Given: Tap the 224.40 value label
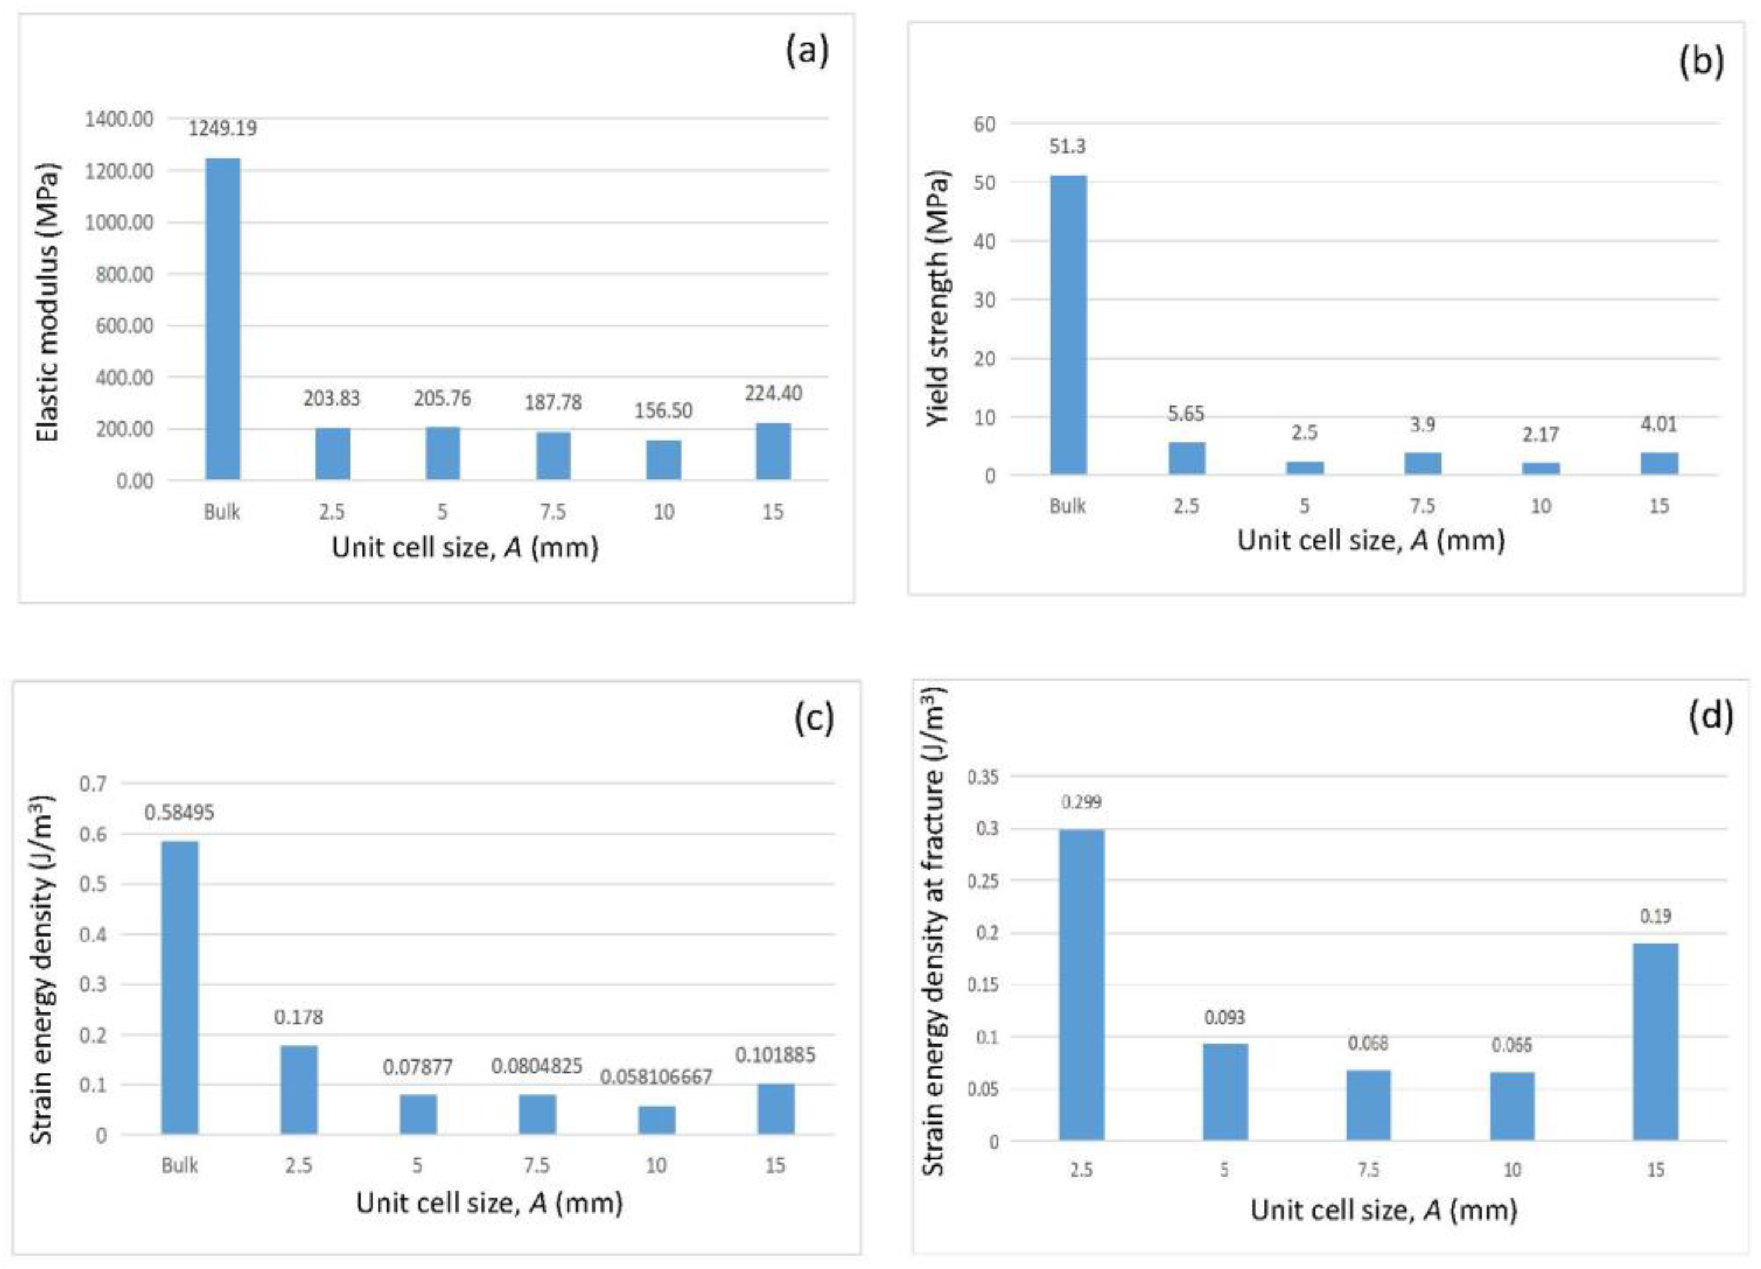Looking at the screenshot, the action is point(773,394).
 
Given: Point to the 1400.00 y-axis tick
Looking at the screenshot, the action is point(120,119).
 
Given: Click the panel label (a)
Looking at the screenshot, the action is point(808,51).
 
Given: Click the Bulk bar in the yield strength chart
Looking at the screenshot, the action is point(1068,325).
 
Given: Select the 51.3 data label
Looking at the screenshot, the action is point(1068,146).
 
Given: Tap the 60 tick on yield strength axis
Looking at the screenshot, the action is point(984,124).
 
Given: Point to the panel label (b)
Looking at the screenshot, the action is point(1701,61).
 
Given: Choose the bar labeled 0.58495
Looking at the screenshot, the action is point(180,988).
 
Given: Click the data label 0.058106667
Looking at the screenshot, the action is point(656,1076).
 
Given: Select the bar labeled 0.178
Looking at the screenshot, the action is point(299,1090).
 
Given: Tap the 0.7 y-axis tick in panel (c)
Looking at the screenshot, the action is point(93,783).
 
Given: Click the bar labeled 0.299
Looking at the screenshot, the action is point(1082,985).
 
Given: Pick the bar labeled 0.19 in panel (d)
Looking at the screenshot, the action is point(1655,1043).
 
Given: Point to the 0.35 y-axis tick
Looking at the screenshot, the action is point(982,776).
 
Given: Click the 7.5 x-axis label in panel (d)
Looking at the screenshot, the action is point(1368,1170).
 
